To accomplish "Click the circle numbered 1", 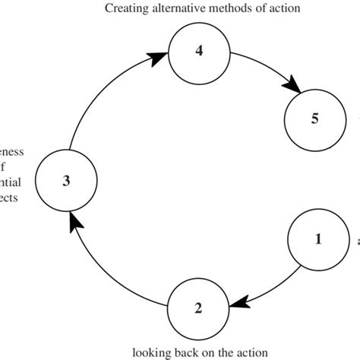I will pos(318,239).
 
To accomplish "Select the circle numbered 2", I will pos(198,307).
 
